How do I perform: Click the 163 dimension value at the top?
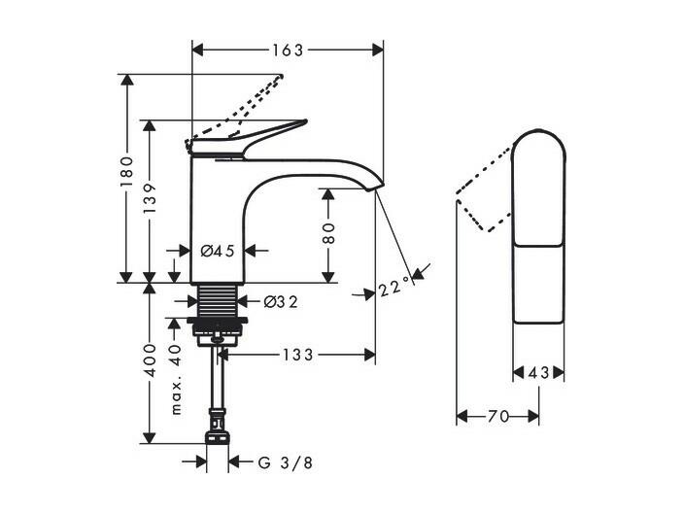[288, 51]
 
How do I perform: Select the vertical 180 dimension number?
[126, 172]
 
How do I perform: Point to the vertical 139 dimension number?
[150, 197]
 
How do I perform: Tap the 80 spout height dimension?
[328, 233]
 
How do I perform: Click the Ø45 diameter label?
[218, 251]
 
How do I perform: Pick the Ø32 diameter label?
[281, 301]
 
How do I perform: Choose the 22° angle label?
[394, 288]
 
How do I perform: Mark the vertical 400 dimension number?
[150, 359]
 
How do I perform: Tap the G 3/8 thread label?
[286, 462]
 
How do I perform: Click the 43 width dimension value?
[538, 373]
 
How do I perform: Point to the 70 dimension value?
[498, 417]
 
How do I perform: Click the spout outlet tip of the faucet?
[374, 188]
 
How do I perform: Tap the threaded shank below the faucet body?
[218, 300]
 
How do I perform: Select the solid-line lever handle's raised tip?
[304, 121]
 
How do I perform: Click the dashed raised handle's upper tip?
[281, 77]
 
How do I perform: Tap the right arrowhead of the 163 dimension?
[377, 50]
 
